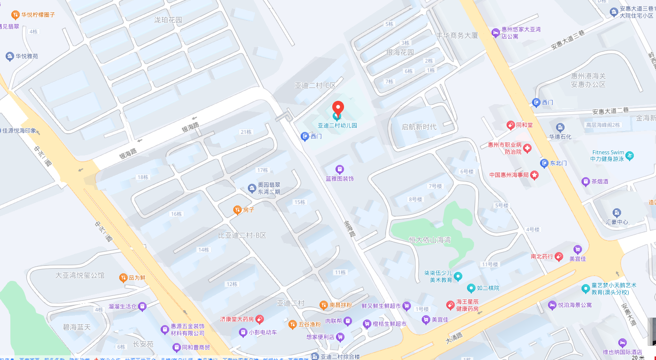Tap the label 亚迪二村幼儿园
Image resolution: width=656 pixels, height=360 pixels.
tap(337, 126)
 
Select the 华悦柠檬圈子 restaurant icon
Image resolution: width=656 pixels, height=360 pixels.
tap(15, 15)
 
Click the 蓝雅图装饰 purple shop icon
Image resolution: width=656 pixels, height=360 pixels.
tap(339, 169)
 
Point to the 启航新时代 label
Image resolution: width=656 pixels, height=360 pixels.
tap(419, 127)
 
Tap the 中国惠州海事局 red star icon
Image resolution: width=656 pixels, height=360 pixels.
tap(534, 175)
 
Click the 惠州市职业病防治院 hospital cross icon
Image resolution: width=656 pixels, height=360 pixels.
tap(527, 148)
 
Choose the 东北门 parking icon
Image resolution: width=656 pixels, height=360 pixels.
tap(544, 163)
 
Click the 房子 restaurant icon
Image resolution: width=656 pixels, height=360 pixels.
tap(238, 210)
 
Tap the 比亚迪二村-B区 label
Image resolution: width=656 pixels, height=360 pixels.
tap(242, 235)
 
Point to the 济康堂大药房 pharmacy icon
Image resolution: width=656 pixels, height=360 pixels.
tap(260, 319)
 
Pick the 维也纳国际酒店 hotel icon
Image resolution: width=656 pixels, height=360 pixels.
tap(622, 343)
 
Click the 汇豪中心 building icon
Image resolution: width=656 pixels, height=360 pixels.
tap(616, 213)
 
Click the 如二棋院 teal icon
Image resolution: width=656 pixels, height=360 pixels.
tap(471, 288)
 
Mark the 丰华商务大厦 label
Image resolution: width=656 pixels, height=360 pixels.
tap(457, 35)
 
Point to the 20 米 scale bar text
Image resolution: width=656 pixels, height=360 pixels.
tap(638, 357)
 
